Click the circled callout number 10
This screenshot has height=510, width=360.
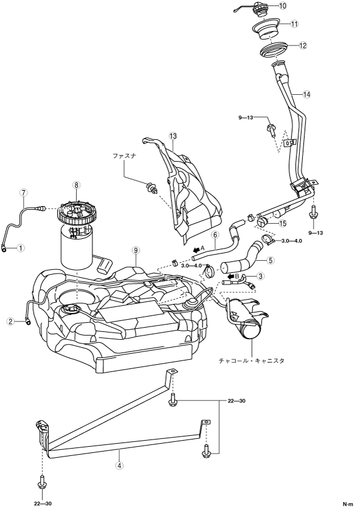(283, 6)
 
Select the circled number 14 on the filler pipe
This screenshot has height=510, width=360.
(306, 95)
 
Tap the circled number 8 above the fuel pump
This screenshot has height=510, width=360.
(77, 185)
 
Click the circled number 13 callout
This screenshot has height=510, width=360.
(173, 136)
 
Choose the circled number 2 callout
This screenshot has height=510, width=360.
(11, 322)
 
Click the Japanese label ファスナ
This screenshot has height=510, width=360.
(124, 156)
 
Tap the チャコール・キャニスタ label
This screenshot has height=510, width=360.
(252, 360)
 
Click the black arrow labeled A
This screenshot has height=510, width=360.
(197, 250)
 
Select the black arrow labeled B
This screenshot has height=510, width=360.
(231, 277)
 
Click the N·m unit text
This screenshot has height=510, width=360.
(347, 504)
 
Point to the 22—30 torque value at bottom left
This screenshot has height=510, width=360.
(43, 504)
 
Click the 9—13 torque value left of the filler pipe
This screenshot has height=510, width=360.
(246, 118)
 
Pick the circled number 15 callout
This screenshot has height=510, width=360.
(283, 224)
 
